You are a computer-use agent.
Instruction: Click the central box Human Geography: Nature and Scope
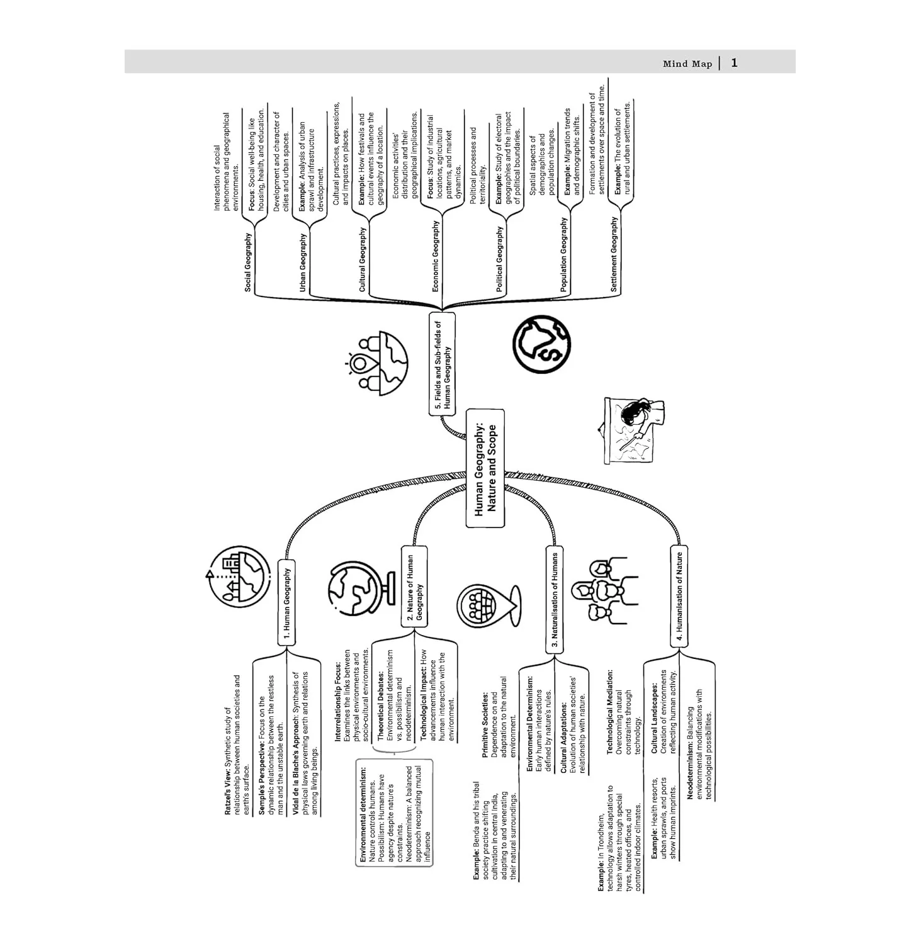485,469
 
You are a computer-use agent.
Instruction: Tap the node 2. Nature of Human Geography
414,587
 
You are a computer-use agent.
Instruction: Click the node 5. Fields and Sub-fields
443,363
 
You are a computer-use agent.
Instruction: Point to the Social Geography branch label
248,262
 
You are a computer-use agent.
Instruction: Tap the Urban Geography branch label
303,262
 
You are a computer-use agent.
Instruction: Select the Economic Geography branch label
435,256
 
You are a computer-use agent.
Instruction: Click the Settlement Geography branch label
614,254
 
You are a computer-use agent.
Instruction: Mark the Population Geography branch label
563,254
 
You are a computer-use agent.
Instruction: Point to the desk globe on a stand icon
354,589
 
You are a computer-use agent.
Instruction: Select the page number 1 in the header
734,63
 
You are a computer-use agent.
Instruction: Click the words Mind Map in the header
687,64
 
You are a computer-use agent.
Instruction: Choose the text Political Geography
500,259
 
